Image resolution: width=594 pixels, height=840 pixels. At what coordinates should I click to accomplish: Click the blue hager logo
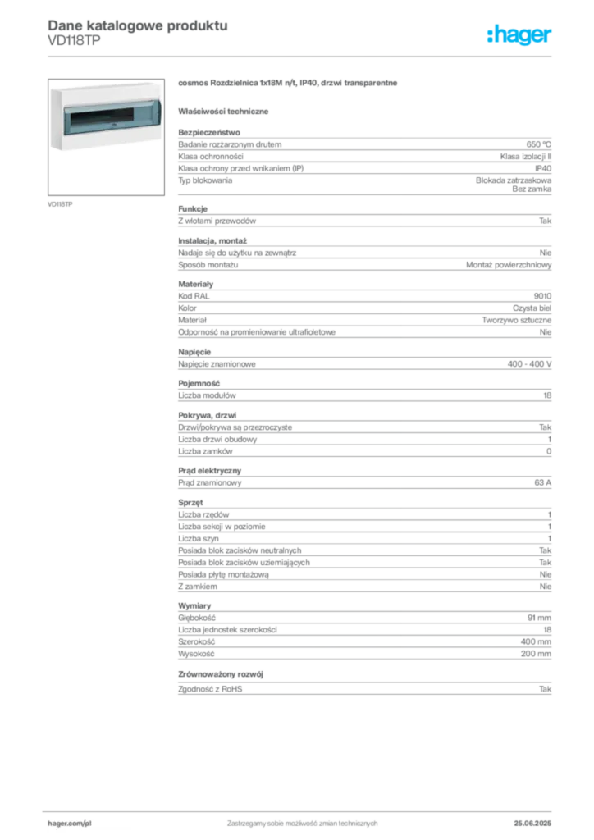coord(520,35)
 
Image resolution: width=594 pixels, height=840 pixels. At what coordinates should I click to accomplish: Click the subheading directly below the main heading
coord(226,111)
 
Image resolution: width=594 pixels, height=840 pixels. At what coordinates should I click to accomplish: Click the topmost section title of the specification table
coord(210,129)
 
